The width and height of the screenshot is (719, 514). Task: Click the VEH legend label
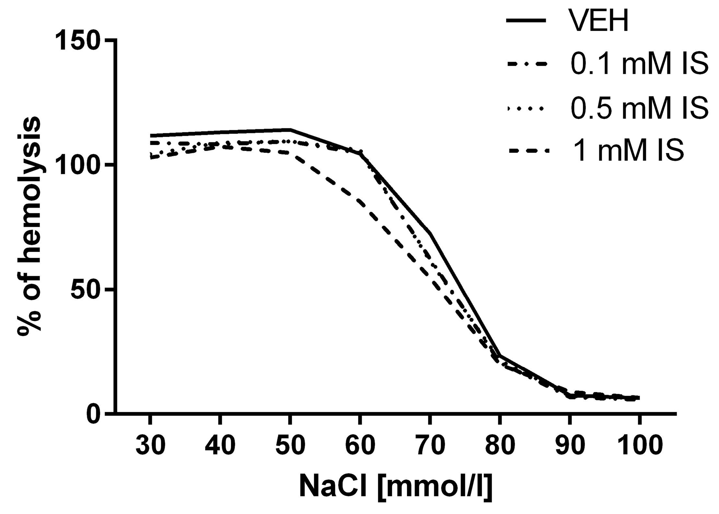tap(599, 21)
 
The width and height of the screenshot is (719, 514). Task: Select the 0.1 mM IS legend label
tap(639, 64)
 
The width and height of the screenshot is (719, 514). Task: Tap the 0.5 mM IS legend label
tap(639, 108)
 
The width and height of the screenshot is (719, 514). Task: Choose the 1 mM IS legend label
tap(627, 151)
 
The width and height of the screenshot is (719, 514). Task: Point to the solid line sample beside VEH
tap(527, 21)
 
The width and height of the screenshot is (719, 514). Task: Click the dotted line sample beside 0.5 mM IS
tap(527, 109)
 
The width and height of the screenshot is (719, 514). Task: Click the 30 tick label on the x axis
tap(150, 446)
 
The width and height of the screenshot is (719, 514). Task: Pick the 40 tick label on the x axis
tap(220, 446)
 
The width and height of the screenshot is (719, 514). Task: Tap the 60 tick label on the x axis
tap(360, 446)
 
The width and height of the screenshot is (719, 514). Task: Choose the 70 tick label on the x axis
tap(430, 446)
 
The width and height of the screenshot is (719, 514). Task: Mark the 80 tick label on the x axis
tap(500, 446)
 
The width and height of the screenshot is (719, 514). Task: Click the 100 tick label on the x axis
tap(639, 446)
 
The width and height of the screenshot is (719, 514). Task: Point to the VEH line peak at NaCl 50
tap(290, 130)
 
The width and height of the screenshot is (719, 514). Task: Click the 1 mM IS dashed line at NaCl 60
tap(360, 203)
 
